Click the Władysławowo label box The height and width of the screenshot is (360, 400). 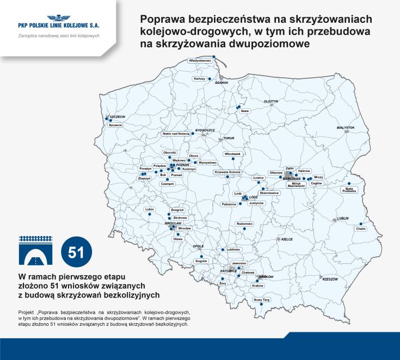click(200, 61)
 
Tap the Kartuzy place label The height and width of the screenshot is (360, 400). click(199, 78)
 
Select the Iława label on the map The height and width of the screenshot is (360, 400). click(245, 111)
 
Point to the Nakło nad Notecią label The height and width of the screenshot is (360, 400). click(176, 133)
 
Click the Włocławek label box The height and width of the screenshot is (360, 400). click(232, 154)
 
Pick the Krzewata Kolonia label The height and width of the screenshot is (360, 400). click(227, 172)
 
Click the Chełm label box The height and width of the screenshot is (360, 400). click(361, 229)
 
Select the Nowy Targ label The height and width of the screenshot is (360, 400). click(262, 300)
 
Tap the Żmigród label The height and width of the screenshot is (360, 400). click(177, 210)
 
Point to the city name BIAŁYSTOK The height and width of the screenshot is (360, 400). click(346, 128)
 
